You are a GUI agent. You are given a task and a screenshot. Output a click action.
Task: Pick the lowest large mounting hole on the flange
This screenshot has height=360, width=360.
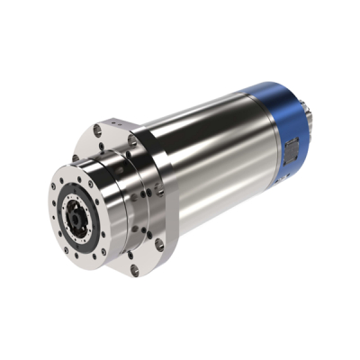click(x=134, y=267)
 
